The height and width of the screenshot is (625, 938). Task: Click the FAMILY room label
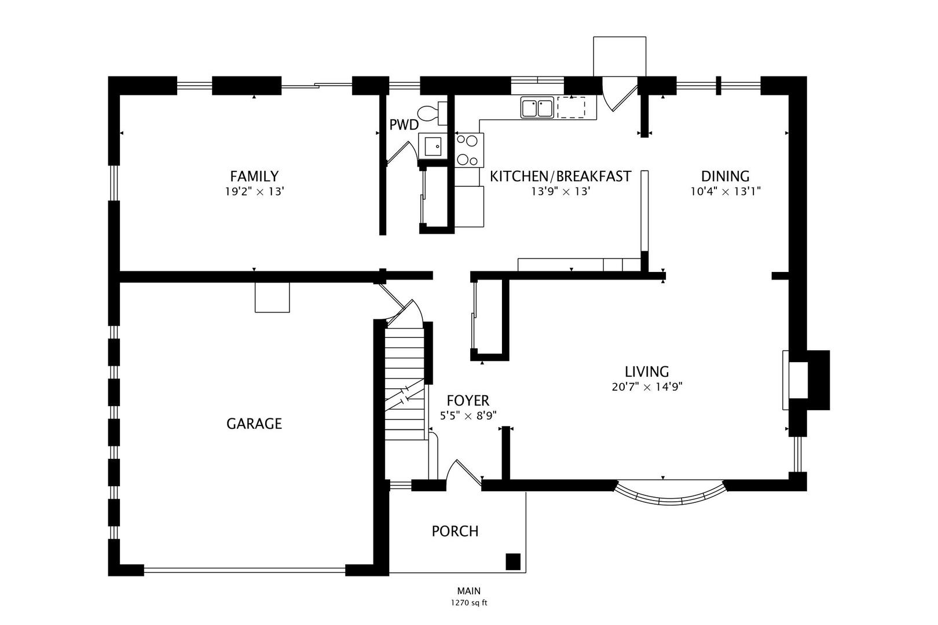254,177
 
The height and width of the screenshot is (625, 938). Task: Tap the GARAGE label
254,424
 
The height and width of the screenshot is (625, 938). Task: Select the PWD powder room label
404,125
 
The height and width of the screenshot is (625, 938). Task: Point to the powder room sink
433,146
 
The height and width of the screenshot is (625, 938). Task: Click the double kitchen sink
537,108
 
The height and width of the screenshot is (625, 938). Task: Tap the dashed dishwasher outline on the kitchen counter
571,108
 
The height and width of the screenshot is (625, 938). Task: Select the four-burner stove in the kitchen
470,150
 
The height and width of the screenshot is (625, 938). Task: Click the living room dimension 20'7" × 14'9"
647,387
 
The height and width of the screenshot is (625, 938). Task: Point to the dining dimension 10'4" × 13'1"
726,192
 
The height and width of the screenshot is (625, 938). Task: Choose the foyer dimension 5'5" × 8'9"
468,416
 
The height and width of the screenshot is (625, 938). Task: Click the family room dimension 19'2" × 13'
255,192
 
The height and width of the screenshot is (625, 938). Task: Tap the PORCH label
455,531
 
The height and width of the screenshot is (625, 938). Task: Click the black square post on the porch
513,561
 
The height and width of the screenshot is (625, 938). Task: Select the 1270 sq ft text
469,603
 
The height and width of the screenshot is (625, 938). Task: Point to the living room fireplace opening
798,380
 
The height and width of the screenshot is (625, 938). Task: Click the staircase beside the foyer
405,384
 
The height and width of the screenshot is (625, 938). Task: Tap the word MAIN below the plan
469,591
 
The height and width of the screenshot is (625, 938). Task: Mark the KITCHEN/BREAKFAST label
560,177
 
